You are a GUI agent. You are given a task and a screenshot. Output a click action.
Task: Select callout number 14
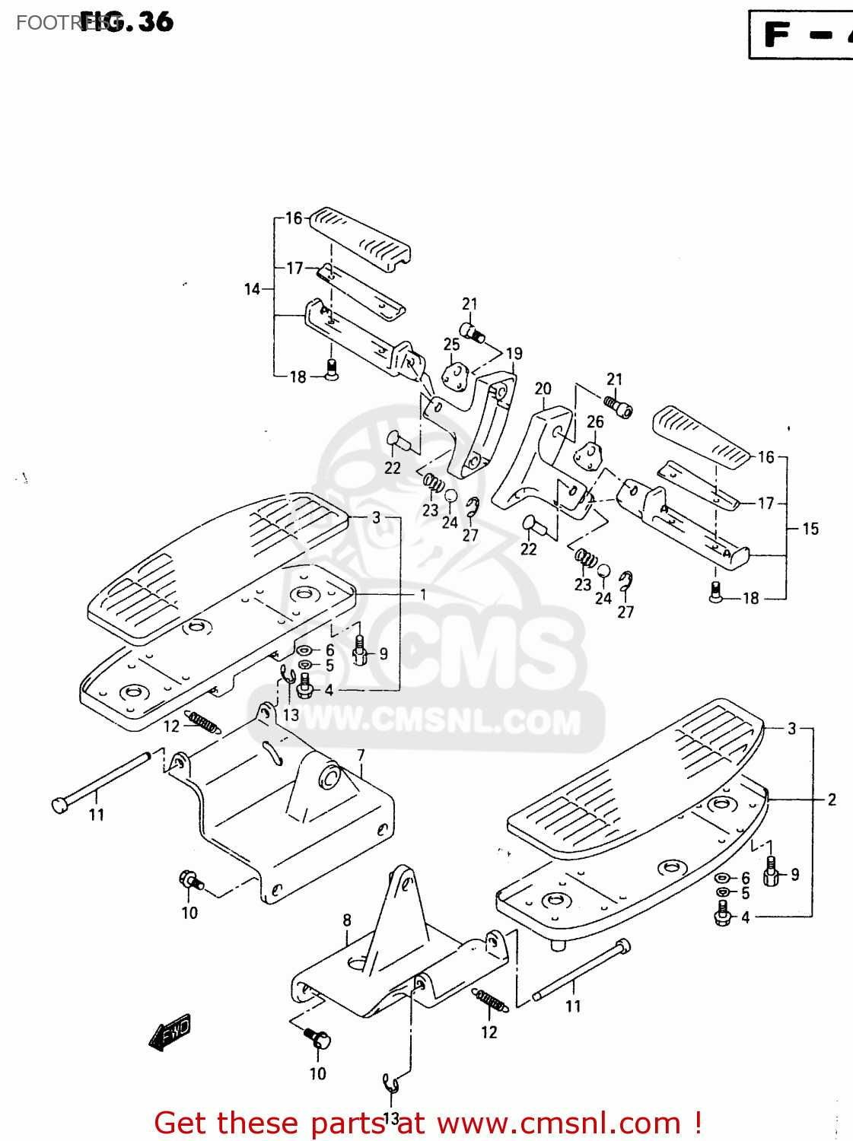point(252,289)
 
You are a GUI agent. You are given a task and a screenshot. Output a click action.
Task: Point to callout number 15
point(810,529)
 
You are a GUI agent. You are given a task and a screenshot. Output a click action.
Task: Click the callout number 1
point(423,594)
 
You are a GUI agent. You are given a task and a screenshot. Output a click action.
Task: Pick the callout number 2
point(832,799)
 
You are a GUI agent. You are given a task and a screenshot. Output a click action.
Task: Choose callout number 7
point(361,755)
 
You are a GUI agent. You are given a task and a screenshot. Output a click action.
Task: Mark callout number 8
point(347,920)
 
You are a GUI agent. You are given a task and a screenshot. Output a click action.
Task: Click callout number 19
point(514,354)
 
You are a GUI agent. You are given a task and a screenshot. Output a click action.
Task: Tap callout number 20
point(543,389)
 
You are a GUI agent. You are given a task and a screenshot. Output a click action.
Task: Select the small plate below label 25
point(455,377)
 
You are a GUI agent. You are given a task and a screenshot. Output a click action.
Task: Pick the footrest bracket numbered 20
point(533,464)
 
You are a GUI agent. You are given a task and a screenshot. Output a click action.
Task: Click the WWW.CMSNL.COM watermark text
point(441,720)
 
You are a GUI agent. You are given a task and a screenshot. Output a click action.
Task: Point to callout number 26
point(595,421)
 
